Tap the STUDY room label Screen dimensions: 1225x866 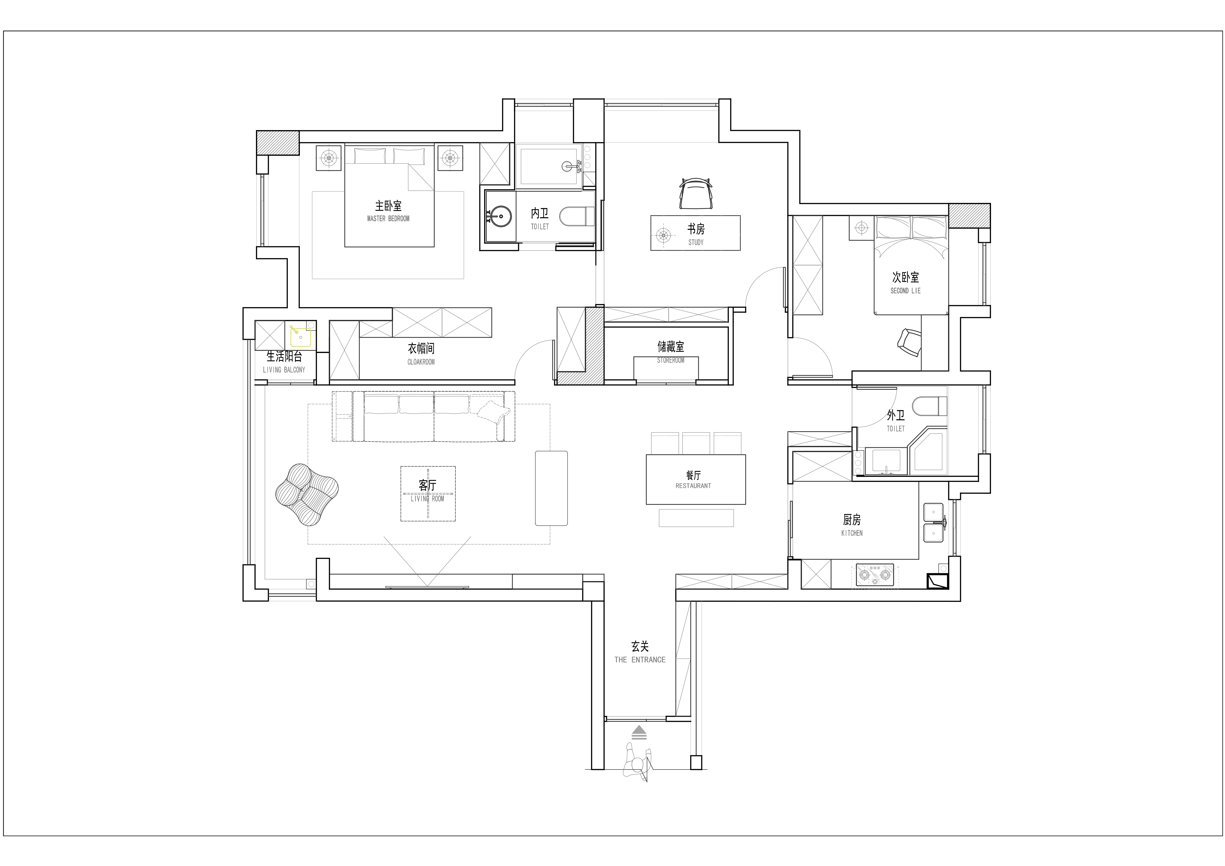tap(696, 242)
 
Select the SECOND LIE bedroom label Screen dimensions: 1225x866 tap(905, 291)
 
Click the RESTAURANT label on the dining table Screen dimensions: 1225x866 tap(693, 486)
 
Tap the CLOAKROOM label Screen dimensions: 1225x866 tap(421, 362)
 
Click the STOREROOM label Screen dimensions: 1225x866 tap(671, 360)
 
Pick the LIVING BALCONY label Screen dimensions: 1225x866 tap(284, 370)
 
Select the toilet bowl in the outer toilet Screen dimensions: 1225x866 tap(929, 406)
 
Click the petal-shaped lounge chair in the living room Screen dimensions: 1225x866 tap(307, 494)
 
